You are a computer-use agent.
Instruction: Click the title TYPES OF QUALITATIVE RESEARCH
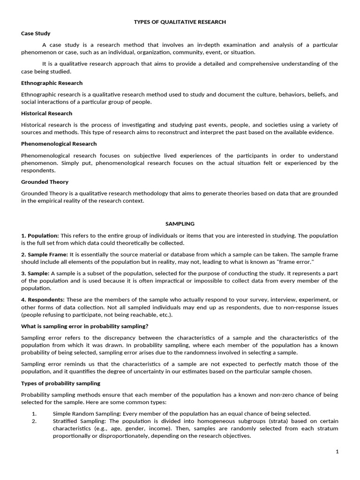180,22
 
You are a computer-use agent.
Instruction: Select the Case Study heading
36,33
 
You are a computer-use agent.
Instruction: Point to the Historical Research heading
46,113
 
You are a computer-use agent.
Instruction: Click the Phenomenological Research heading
59,144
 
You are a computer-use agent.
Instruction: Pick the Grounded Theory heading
45,182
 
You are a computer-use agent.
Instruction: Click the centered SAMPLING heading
180,224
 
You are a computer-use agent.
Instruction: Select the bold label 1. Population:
40,235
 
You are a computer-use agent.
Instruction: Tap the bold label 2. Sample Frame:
45,255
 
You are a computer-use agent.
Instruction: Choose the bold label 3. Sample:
35,273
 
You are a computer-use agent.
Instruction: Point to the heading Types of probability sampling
60,383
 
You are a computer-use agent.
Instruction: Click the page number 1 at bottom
337,451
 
